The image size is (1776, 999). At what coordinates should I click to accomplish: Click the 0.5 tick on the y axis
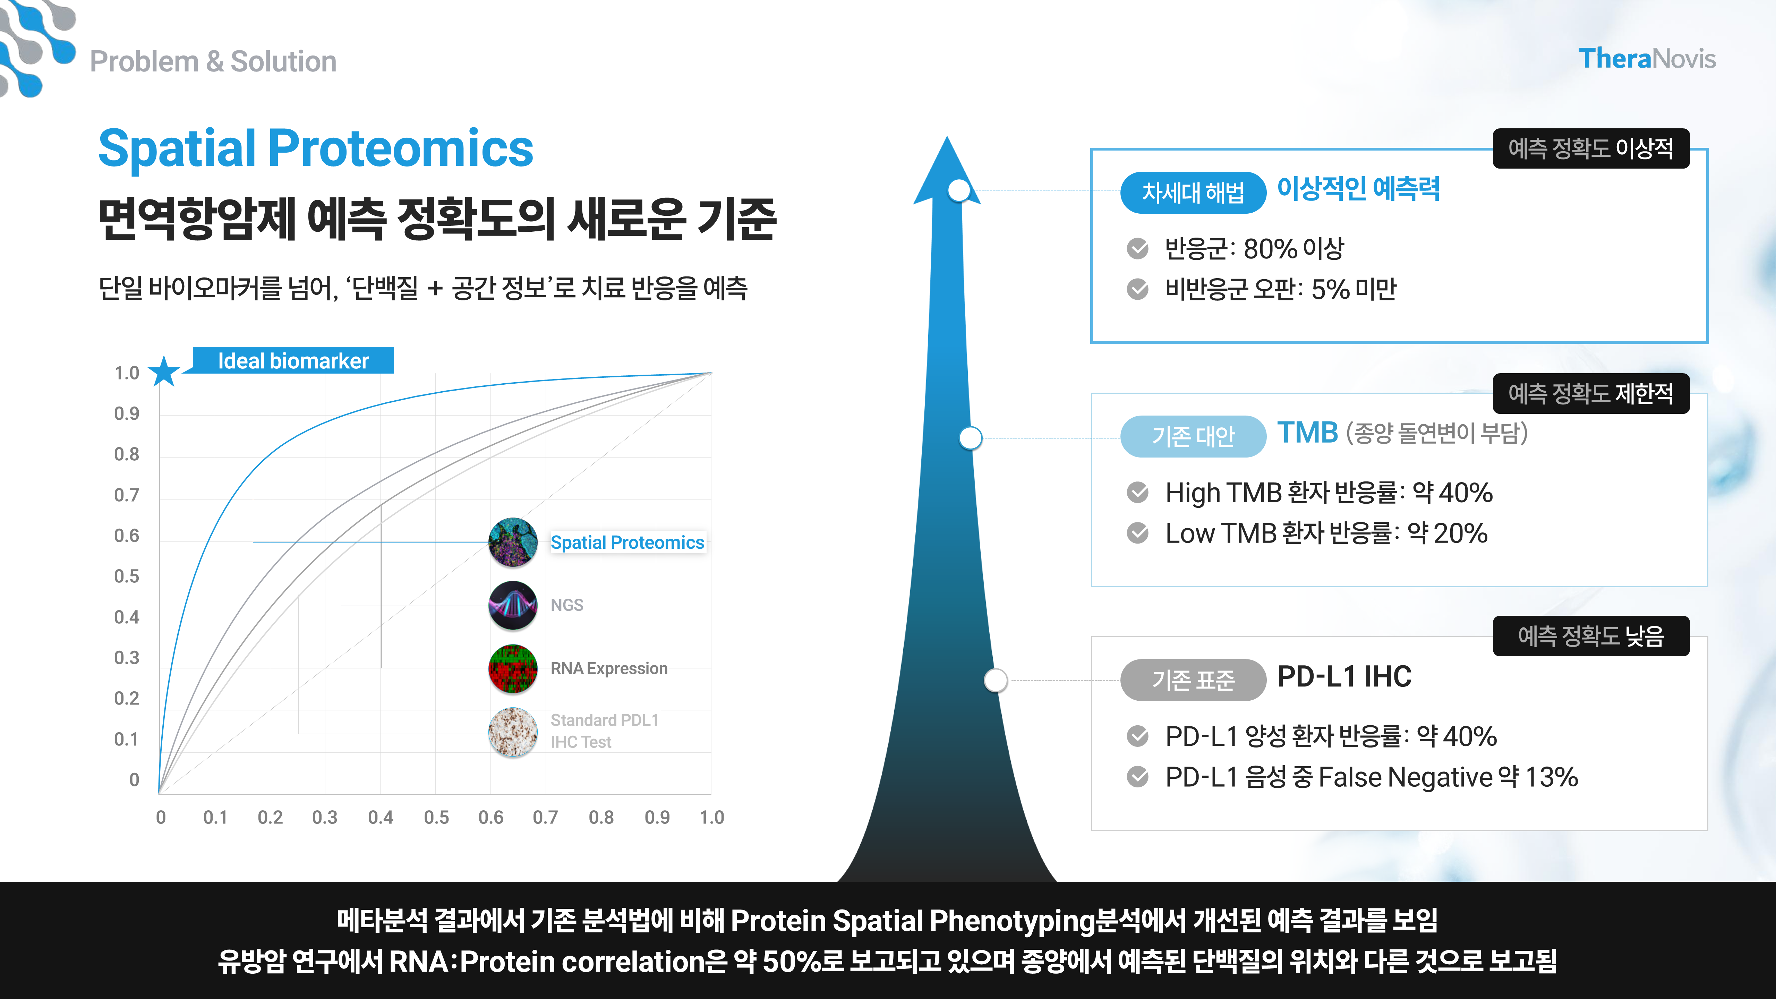[127, 577]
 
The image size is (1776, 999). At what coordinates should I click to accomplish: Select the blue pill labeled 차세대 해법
[1193, 193]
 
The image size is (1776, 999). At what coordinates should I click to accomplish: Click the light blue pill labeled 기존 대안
[1193, 436]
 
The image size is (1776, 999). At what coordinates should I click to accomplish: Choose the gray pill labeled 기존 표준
[1193, 680]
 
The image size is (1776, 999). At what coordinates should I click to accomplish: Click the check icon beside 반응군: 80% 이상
[1138, 249]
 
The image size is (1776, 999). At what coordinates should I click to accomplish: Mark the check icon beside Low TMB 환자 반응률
[1138, 533]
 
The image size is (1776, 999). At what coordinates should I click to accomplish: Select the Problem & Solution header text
[213, 61]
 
